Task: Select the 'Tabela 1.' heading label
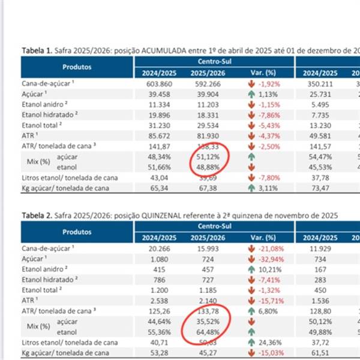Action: (x=37, y=50)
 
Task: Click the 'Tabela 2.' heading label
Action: (x=37, y=214)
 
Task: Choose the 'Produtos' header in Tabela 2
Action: (x=76, y=231)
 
